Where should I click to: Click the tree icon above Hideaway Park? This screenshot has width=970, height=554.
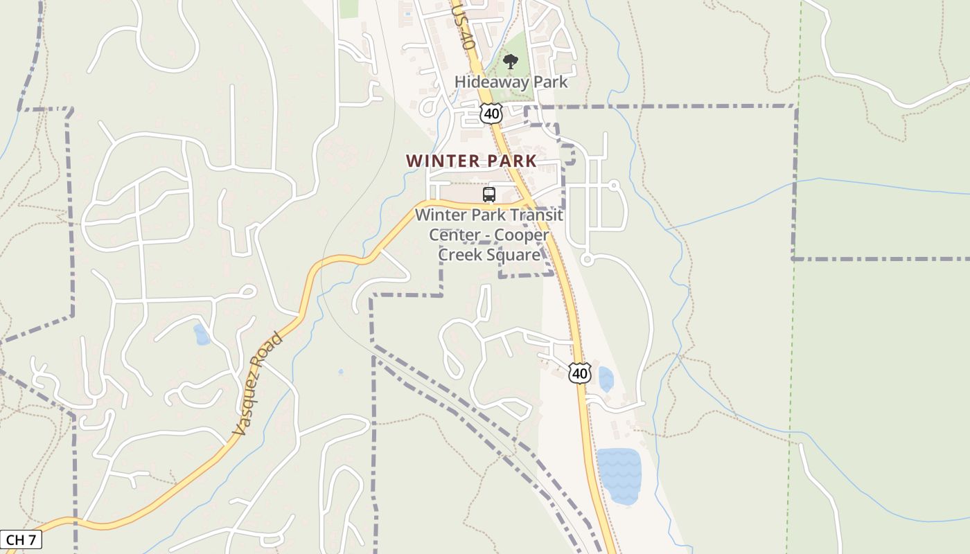(511, 62)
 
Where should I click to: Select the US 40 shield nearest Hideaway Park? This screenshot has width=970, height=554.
(491, 112)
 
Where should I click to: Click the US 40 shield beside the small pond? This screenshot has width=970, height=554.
(580, 373)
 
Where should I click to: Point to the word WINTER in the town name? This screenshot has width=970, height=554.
(439, 161)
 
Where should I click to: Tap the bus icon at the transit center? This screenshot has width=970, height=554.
(489, 195)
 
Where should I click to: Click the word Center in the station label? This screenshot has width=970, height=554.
(454, 235)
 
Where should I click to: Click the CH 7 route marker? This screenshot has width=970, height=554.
(21, 539)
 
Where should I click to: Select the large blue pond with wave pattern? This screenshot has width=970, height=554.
(619, 475)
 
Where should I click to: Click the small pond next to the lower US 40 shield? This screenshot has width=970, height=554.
(606, 379)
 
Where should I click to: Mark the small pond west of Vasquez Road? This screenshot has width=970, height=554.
(201, 334)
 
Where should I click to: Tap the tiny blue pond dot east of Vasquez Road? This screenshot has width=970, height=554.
(340, 372)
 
